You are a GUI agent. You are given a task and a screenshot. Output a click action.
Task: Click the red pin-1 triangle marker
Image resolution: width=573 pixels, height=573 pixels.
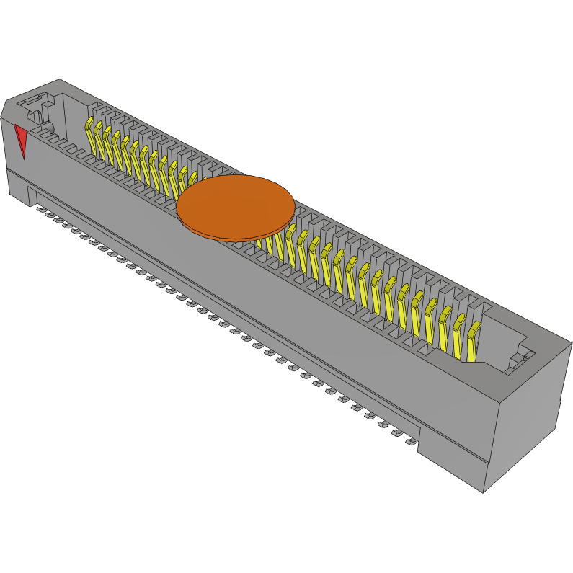pos(21,139)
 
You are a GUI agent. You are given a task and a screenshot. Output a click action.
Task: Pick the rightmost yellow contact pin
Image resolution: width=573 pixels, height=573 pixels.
pos(473,340)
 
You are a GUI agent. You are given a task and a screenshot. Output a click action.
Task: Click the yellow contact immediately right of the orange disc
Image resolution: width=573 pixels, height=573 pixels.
pos(290,241)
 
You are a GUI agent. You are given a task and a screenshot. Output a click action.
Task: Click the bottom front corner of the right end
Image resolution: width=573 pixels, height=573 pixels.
pos(483,492)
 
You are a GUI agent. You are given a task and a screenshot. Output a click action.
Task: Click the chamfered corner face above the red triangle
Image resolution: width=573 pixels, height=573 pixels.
pos(8,112)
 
